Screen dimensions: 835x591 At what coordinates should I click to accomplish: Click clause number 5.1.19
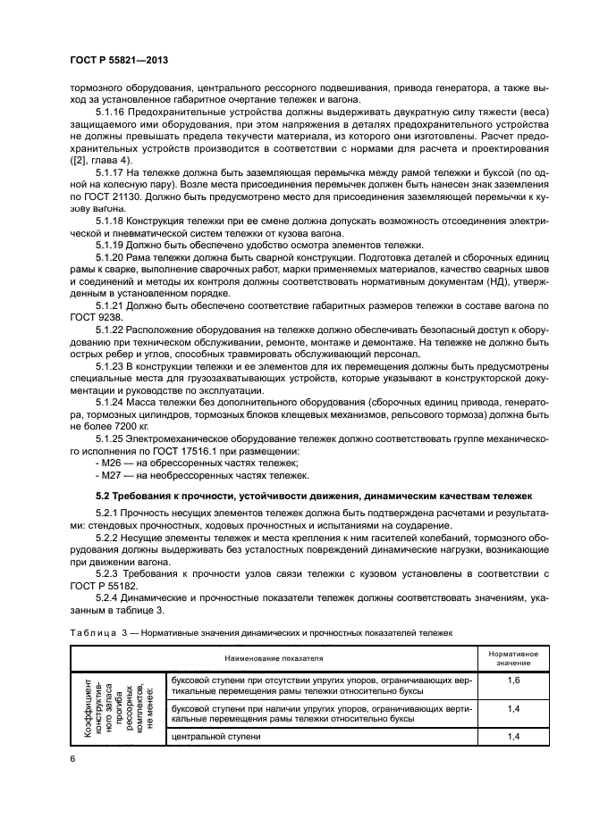114,243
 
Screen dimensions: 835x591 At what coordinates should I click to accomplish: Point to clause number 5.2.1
111,513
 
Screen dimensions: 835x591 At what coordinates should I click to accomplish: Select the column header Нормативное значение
513,659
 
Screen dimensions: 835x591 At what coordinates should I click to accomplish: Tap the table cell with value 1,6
513,681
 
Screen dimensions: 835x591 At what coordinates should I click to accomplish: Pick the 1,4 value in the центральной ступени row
513,737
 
